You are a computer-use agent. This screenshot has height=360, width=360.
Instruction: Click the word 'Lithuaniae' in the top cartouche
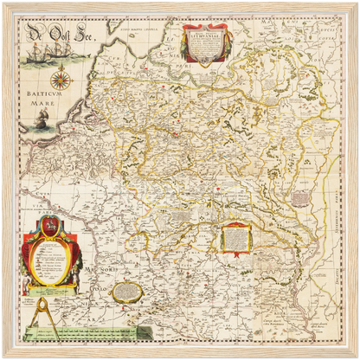coord(205,36)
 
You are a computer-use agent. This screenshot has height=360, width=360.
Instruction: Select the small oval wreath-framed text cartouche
coord(127,291)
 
